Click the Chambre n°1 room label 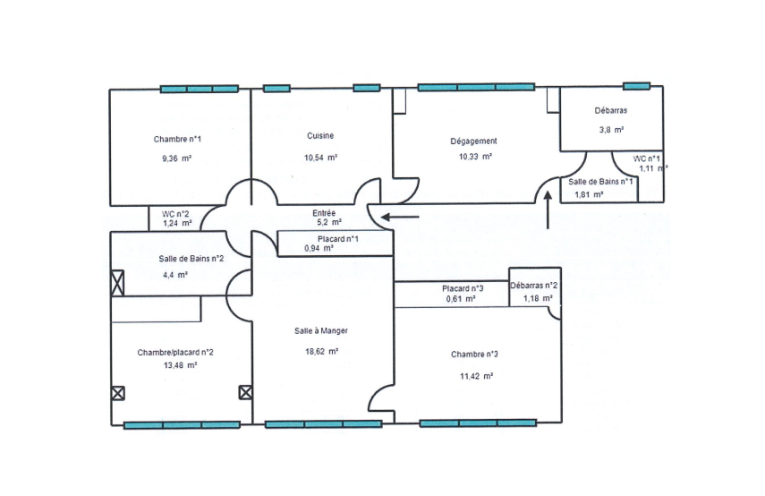(x=177, y=139)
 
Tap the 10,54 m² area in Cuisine (x=321, y=158)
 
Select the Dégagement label (x=473, y=141)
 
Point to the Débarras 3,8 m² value (x=612, y=130)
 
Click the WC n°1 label (x=646, y=158)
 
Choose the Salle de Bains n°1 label (x=600, y=182)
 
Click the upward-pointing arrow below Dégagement (x=548, y=210)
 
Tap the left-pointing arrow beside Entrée (x=400, y=217)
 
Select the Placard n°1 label (x=338, y=239)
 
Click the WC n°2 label (x=175, y=214)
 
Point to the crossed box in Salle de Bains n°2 (x=117, y=283)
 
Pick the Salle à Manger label (x=321, y=331)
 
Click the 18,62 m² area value (x=322, y=351)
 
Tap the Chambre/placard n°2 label (x=175, y=353)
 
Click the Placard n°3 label (x=463, y=288)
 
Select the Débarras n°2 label (x=534, y=286)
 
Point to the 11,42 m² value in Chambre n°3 (x=477, y=376)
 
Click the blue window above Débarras (x=637, y=87)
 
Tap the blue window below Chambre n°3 (x=478, y=423)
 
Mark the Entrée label (x=324, y=213)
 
